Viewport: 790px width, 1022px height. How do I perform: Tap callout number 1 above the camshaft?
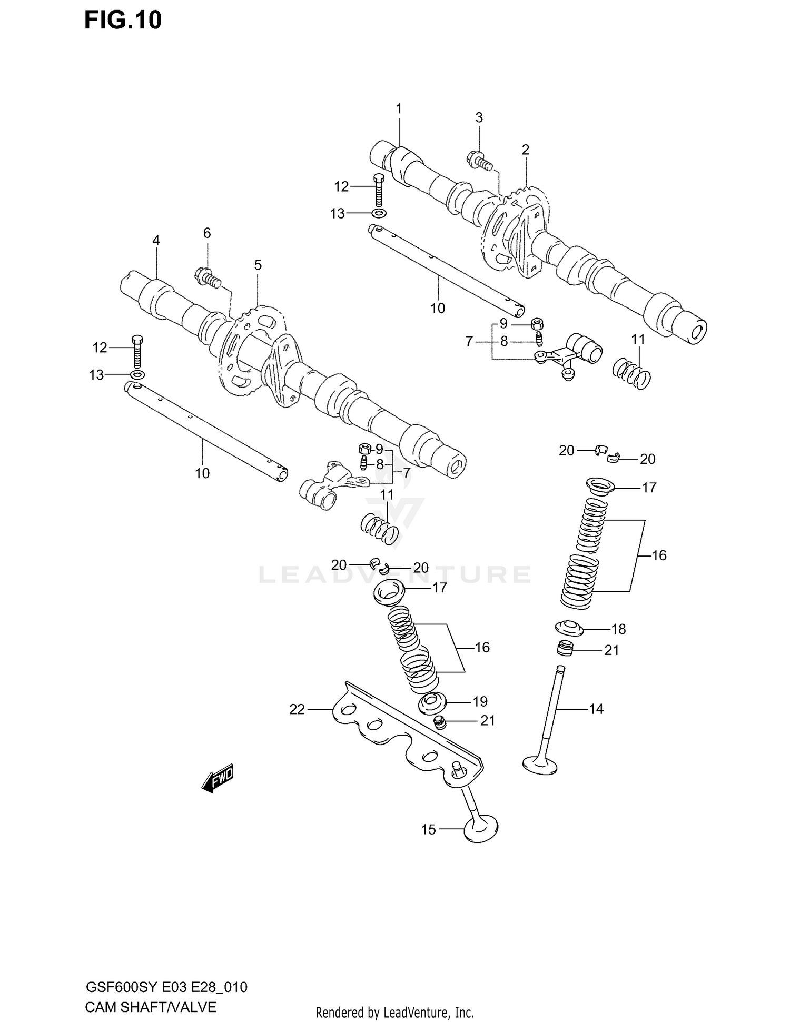point(399,109)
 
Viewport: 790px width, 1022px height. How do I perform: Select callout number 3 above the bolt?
point(479,118)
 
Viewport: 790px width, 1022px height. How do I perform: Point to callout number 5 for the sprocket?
point(258,265)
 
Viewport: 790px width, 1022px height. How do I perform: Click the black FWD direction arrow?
point(217,778)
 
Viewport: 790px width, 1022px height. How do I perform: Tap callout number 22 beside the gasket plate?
point(297,710)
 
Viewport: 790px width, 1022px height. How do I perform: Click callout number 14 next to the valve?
point(596,709)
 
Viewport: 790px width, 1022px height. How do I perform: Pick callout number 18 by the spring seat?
point(618,629)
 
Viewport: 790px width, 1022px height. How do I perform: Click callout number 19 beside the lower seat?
point(480,701)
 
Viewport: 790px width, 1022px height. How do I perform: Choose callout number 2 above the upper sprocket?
point(525,150)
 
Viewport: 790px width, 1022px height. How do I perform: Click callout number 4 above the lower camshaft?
point(156,241)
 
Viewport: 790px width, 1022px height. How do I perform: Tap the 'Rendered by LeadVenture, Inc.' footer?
point(394,1013)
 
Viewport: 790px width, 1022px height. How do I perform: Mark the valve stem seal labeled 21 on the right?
point(565,649)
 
